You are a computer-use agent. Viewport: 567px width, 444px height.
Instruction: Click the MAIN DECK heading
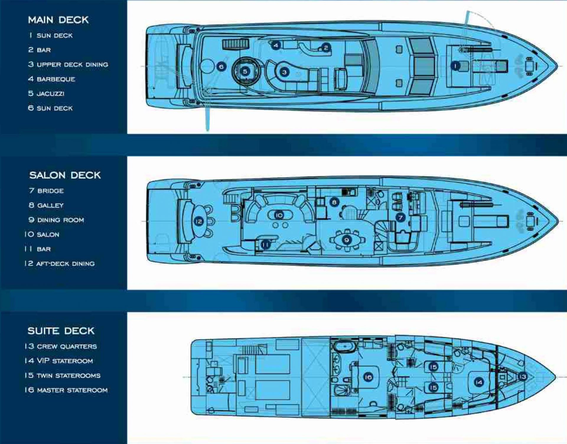58,20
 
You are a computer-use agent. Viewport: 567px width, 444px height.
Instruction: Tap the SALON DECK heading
65,175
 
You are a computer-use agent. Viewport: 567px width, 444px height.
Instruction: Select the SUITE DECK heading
61,331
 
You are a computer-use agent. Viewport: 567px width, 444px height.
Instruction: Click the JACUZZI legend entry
46,94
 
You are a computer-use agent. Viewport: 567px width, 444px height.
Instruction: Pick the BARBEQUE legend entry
52,79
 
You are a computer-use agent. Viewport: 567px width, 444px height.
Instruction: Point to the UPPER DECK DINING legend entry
68,64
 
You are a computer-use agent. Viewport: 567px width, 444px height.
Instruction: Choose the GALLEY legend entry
46,205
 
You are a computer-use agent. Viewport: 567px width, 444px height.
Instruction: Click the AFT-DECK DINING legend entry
60,263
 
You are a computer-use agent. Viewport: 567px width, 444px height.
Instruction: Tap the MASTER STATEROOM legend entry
66,390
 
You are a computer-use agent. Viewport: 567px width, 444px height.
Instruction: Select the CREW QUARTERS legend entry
61,346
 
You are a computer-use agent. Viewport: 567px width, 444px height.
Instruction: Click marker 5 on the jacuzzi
245,71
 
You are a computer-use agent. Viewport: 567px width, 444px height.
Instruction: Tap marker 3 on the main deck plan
284,72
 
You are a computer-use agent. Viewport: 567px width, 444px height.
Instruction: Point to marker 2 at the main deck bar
326,47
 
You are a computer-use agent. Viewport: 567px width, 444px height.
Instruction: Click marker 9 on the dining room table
347,240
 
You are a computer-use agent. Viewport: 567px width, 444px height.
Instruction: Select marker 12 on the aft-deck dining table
199,221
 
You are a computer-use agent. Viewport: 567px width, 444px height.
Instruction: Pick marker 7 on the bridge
400,218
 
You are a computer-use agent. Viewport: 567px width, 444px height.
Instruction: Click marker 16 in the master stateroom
368,377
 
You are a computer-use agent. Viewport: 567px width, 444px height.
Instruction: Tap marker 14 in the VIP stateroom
479,382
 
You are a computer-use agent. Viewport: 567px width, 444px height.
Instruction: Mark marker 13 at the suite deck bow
523,377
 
